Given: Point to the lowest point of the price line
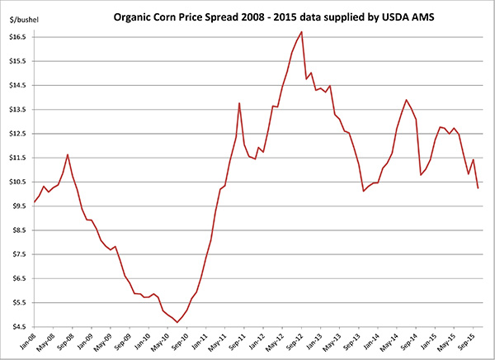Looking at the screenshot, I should tap(177, 322).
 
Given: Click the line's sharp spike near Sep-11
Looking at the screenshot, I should tap(239, 103).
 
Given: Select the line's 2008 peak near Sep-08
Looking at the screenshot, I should tap(68, 154).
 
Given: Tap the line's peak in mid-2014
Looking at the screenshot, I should tap(406, 100).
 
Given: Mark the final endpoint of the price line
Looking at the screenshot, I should tap(478, 188).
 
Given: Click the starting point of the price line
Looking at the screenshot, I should tap(34, 201).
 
